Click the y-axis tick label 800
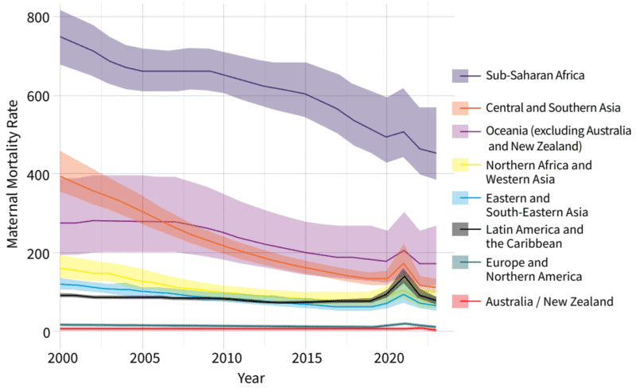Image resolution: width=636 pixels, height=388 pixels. pyautogui.click(x=39, y=17)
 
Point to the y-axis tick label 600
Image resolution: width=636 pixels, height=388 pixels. pyautogui.click(x=39, y=96)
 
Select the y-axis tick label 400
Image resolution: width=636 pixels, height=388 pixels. pyautogui.click(x=39, y=175)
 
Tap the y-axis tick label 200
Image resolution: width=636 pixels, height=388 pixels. pyautogui.click(x=39, y=254)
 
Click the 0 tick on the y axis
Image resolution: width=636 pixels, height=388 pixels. pyautogui.click(x=47, y=332)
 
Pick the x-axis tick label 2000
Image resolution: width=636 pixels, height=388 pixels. pyautogui.click(x=61, y=355)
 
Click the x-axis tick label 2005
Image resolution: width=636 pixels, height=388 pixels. pyautogui.click(x=143, y=355)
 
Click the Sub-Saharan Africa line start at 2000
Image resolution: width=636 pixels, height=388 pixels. pyautogui.click(x=61, y=37)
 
